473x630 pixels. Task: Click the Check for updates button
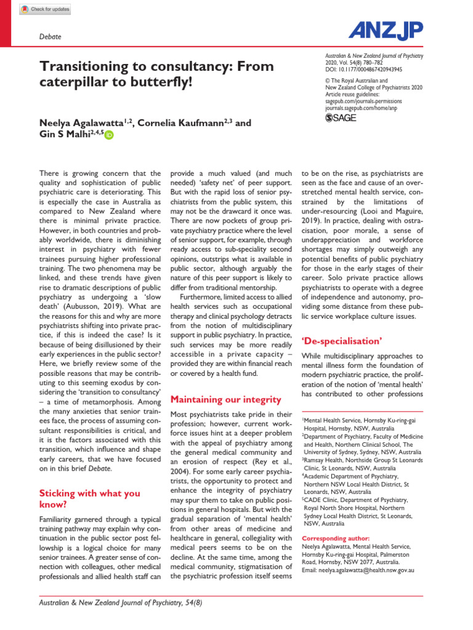click(x=45, y=9)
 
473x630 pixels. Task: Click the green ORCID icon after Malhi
click(x=109, y=135)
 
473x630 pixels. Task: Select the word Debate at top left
click(x=50, y=37)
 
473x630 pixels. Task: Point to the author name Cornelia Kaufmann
click(x=179, y=123)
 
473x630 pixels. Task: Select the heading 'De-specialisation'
click(x=341, y=340)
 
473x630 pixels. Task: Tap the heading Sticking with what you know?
click(x=89, y=499)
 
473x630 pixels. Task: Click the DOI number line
click(x=363, y=70)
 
